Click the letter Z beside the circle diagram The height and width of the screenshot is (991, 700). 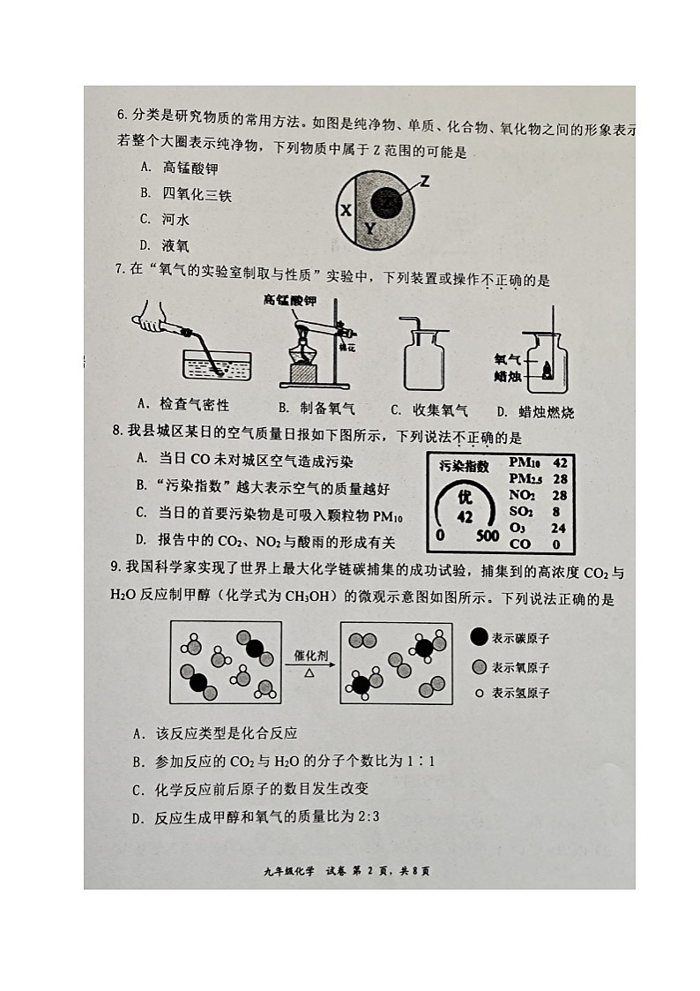coord(424,182)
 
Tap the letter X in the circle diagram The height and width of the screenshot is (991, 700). coord(346,211)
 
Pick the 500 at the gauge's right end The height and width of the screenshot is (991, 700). coord(487,536)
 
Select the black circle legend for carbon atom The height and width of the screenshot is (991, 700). coord(479,637)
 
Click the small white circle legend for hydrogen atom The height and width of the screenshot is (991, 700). coord(479,693)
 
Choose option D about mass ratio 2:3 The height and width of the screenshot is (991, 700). coord(256,817)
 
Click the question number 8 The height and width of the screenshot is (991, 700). coord(117,435)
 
